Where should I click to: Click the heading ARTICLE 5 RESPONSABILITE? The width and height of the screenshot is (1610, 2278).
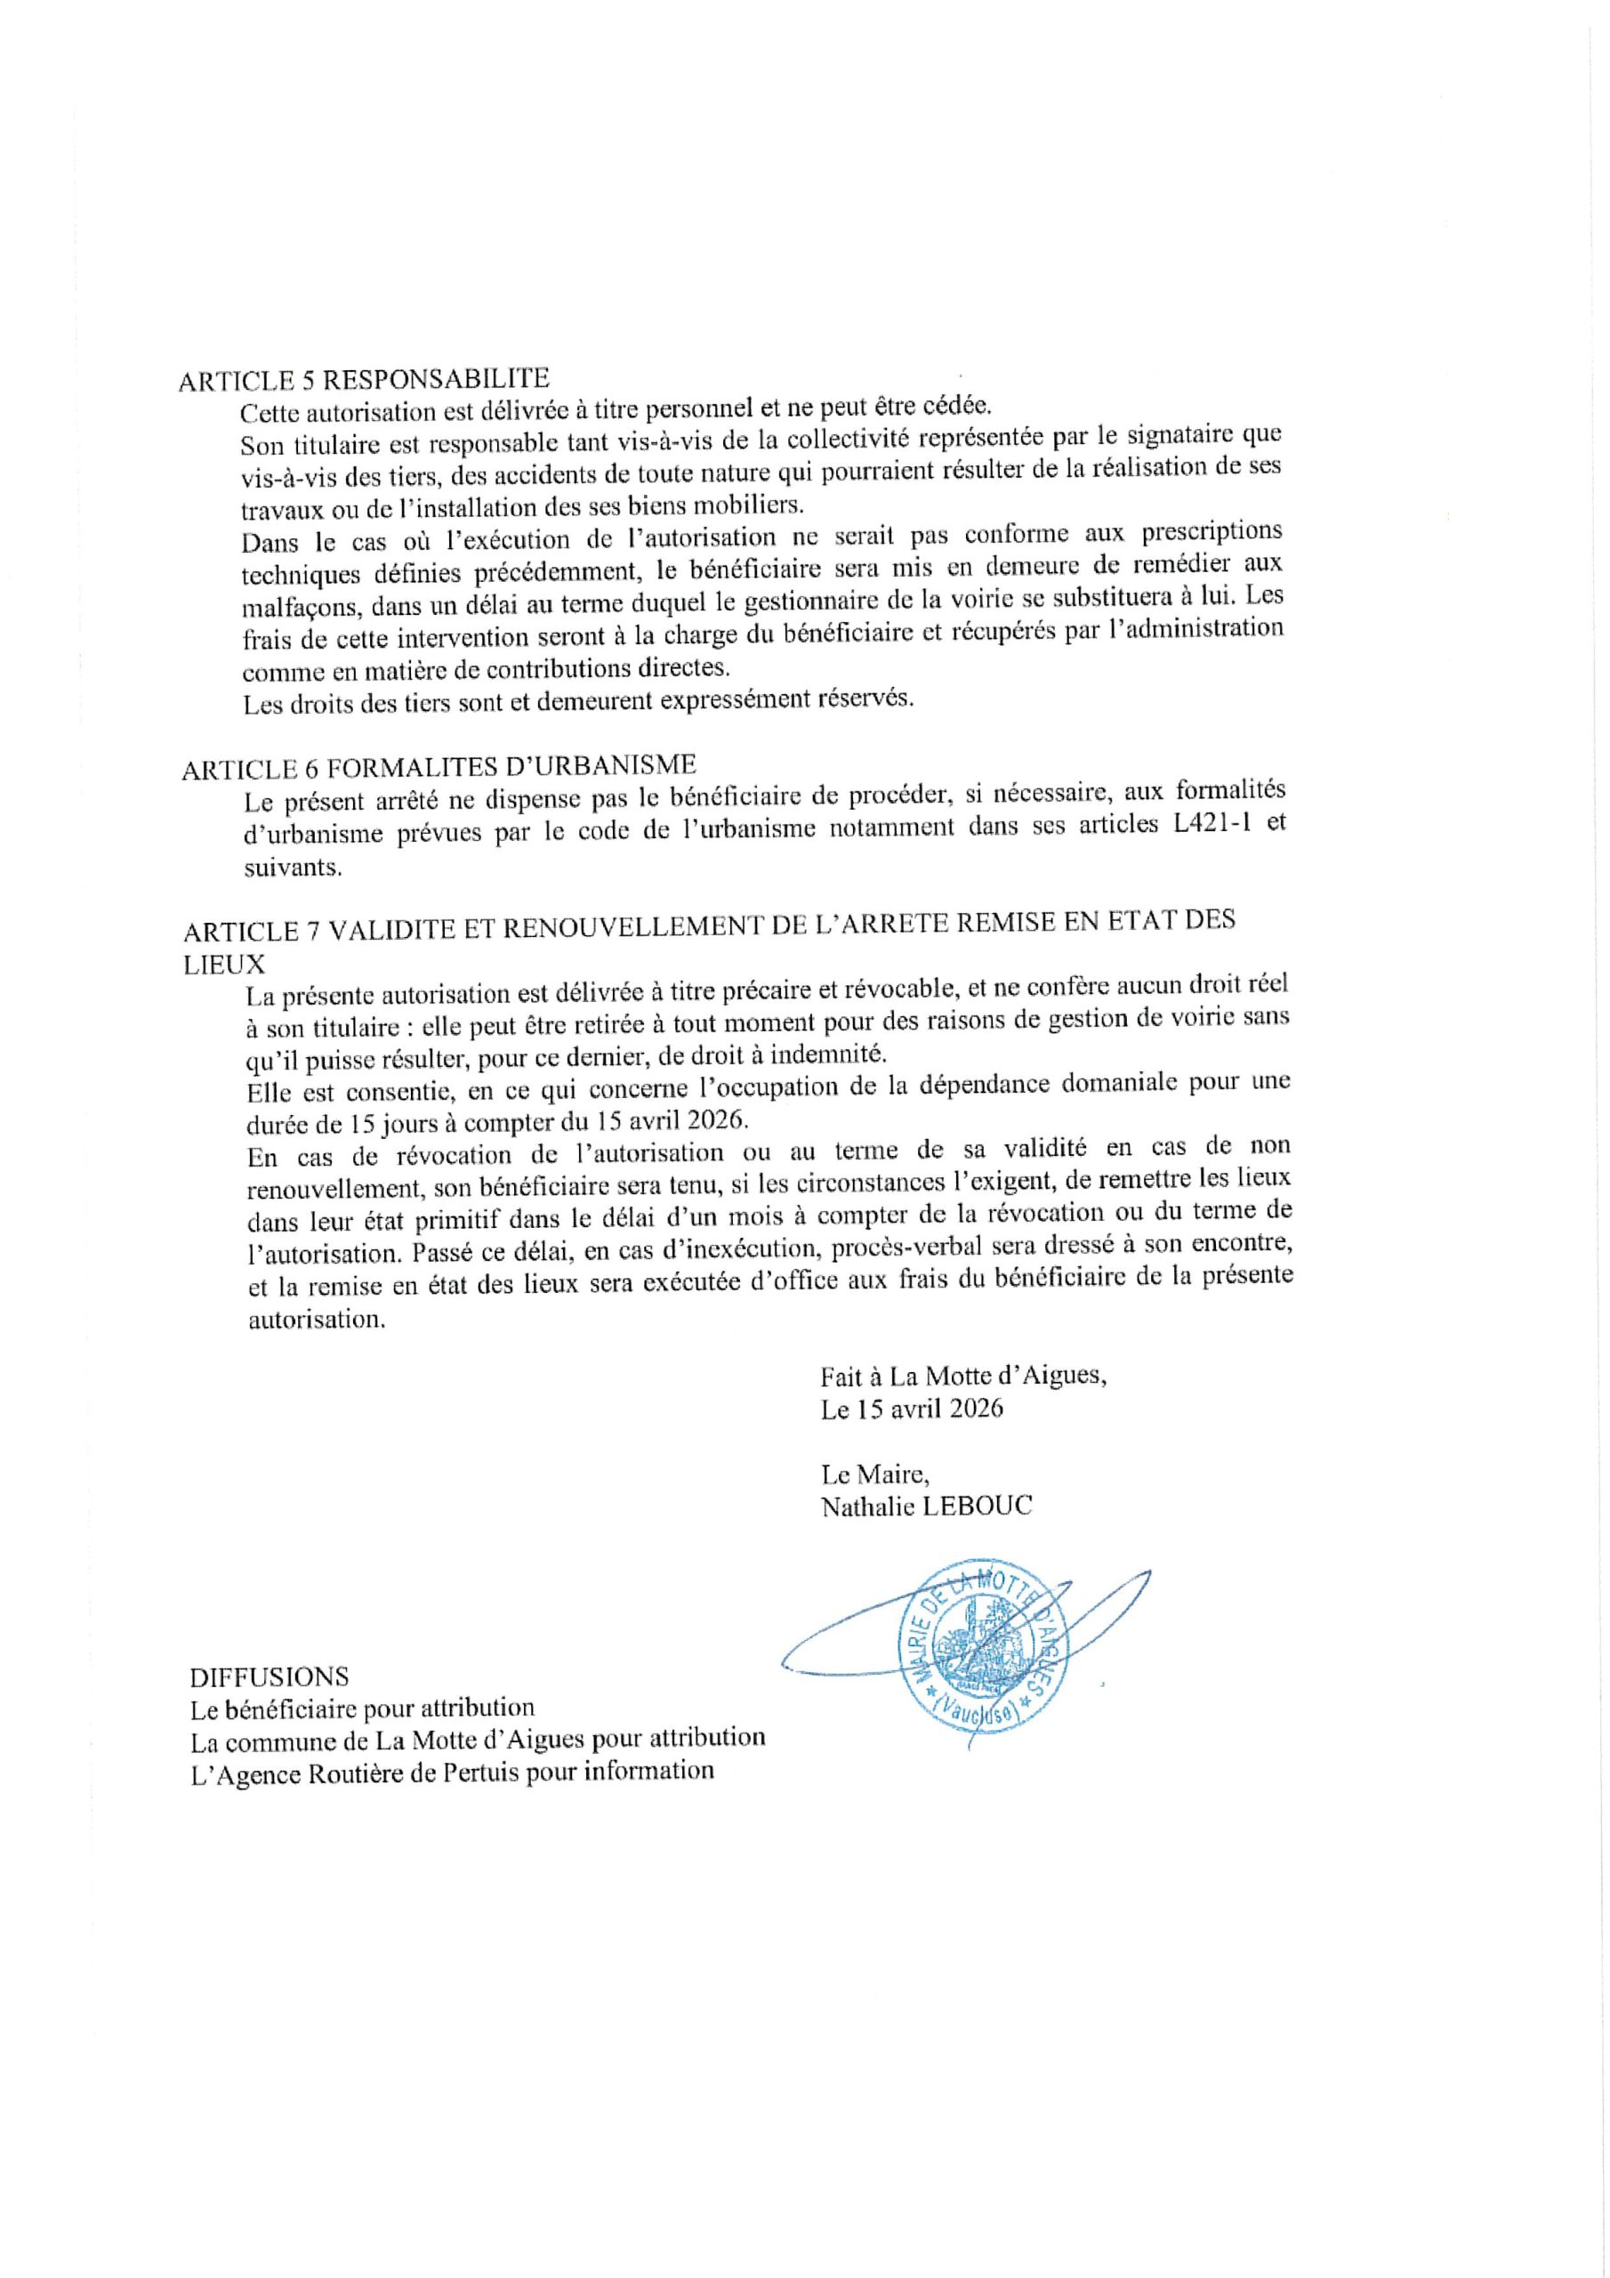(x=363, y=380)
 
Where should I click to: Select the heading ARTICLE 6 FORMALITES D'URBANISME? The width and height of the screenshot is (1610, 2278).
(x=439, y=768)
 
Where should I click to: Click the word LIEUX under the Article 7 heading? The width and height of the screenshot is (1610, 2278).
(x=225, y=964)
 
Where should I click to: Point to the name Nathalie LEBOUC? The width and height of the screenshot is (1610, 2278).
(x=927, y=1507)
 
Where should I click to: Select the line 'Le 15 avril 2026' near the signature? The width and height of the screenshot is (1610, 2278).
(x=912, y=1409)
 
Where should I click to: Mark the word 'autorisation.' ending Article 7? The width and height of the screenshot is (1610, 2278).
(x=313, y=1321)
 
